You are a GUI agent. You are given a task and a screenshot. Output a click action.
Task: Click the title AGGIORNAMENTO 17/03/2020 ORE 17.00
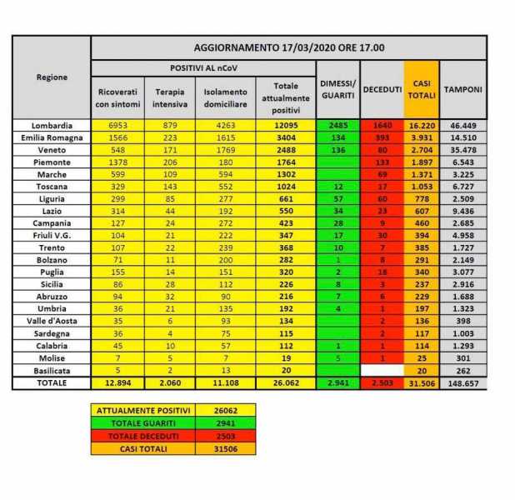tap(288, 47)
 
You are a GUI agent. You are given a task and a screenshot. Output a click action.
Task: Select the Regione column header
tap(52, 77)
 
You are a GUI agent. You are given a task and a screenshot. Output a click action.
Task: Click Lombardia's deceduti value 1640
tap(382, 124)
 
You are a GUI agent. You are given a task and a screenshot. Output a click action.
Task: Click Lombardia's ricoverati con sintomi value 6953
tap(117, 124)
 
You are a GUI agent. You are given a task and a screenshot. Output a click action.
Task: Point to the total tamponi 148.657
tap(463, 382)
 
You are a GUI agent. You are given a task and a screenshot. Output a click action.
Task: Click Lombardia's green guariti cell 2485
tap(337, 124)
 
